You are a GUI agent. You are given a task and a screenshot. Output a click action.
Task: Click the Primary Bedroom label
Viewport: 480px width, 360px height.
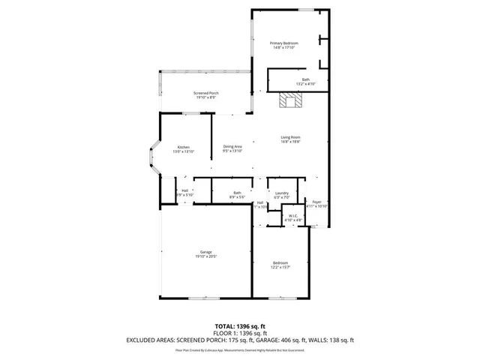tap(284, 43)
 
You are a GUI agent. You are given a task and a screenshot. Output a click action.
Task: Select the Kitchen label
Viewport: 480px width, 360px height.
tap(184, 147)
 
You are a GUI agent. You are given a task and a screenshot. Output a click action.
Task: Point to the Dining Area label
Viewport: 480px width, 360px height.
tap(232, 146)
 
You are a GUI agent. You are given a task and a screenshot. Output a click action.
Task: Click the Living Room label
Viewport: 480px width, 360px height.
tap(291, 137)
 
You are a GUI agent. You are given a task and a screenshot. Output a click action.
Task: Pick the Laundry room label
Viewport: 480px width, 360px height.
tap(282, 193)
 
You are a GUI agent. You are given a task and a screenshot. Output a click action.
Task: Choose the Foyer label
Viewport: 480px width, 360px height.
tap(317, 201)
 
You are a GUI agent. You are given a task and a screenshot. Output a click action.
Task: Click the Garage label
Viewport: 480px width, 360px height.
tap(205, 252)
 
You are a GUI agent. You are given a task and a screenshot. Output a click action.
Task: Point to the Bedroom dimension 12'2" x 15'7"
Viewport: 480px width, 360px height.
tap(281, 268)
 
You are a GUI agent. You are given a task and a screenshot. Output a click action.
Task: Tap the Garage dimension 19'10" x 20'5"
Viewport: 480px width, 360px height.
tap(205, 256)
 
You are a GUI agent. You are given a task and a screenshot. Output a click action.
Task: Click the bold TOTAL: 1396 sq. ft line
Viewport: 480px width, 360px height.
tap(239, 326)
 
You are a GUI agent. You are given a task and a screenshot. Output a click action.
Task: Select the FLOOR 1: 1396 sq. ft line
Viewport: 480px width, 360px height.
tap(239, 333)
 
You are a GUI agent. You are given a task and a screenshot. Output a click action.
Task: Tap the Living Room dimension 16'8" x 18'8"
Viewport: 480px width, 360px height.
tap(291, 142)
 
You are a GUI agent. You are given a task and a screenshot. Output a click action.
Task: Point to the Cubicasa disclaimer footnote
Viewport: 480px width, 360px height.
tap(239, 349)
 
